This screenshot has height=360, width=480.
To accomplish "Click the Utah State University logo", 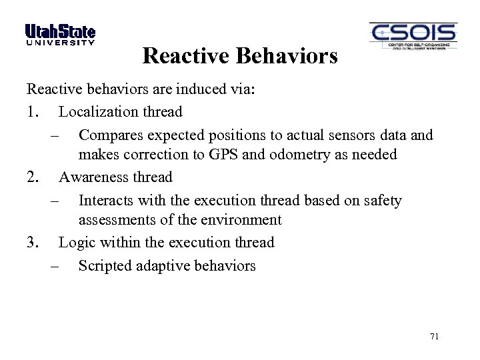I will [x=60, y=35].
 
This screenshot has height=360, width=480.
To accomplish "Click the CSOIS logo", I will [x=413, y=37].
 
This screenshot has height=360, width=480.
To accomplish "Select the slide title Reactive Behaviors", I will [x=240, y=56].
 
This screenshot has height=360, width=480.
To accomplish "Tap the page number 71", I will [x=434, y=337].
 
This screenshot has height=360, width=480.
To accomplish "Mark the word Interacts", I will [x=106, y=201].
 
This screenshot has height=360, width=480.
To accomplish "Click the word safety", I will [x=382, y=201].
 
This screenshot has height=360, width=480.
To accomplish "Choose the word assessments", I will [x=114, y=220].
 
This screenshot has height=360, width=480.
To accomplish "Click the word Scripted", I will [x=105, y=266].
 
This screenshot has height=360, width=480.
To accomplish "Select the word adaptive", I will [x=162, y=266].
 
